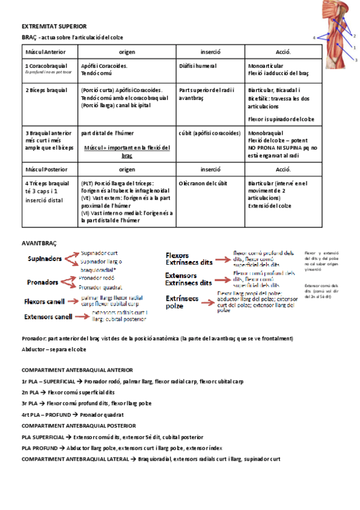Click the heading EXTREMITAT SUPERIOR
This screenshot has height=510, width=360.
click(x=54, y=26)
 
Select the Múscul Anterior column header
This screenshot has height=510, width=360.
click(x=46, y=52)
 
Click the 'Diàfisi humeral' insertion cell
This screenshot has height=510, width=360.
click(x=198, y=66)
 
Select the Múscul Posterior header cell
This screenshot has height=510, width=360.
click(x=46, y=170)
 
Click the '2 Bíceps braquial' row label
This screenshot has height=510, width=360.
click(x=46, y=90)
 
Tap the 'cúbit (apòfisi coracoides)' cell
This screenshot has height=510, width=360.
click(x=210, y=132)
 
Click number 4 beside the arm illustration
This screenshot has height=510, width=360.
click(x=314, y=38)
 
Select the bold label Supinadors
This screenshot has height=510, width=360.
click(x=44, y=259)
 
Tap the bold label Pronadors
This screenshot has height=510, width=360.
click(x=43, y=281)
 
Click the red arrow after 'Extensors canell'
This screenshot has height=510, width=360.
click(x=82, y=316)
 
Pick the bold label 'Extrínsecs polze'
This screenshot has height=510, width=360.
click(x=183, y=302)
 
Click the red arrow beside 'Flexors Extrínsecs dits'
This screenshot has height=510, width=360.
click(x=222, y=259)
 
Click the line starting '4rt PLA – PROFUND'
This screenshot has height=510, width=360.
click(x=72, y=414)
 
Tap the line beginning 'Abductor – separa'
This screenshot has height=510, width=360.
click(x=53, y=349)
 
